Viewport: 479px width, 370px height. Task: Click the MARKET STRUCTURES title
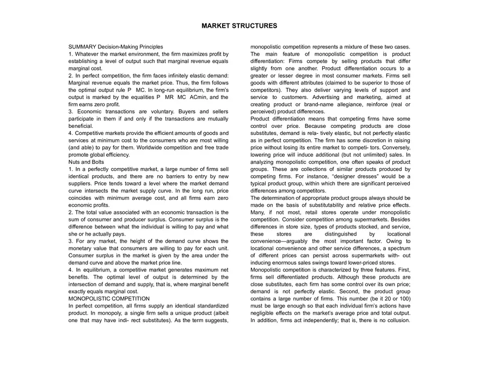[239, 26]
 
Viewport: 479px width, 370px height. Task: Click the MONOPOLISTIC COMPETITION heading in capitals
[109, 299]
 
